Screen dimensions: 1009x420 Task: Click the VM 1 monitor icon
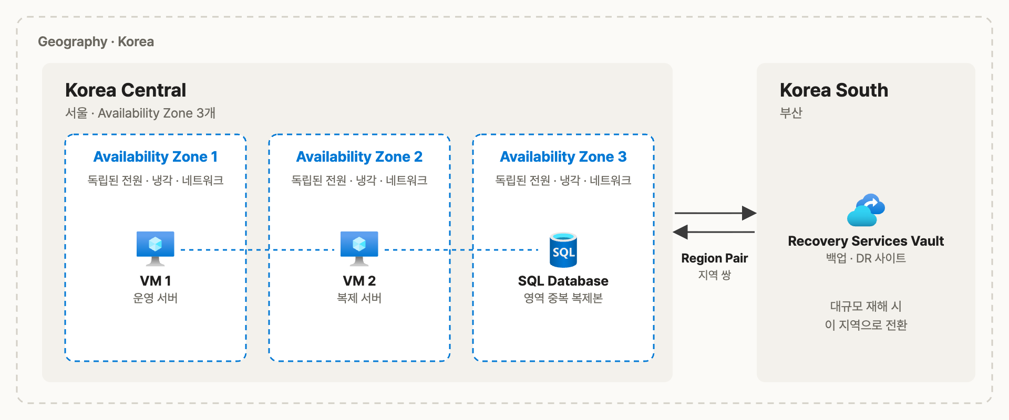coord(155,248)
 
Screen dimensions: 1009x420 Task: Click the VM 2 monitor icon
coord(359,248)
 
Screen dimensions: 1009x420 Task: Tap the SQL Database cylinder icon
coord(563,250)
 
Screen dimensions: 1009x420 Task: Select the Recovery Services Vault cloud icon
coord(866,210)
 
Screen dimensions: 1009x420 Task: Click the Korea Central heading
coord(126,90)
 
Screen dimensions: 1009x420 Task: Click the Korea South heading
coord(834,90)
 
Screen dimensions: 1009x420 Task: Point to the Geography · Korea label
coord(96,41)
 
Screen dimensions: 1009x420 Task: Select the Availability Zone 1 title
coord(156,156)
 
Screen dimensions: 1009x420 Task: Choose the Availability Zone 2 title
coord(359,156)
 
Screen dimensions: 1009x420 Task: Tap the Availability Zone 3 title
coord(563,156)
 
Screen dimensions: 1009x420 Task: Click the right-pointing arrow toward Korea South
coord(715,213)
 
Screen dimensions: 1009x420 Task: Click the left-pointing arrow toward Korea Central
coord(714,232)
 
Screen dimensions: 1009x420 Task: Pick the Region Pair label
coord(715,258)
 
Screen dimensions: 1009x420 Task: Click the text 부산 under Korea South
coord(791,113)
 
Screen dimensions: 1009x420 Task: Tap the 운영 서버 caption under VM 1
coord(156,298)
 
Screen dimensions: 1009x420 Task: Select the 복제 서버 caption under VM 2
coord(359,298)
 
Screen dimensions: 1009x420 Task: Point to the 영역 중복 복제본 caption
coord(563,298)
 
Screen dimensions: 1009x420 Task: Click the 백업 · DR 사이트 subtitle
coord(866,258)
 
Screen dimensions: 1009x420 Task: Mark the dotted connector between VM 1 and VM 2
coord(258,250)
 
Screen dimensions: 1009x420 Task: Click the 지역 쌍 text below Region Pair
coord(715,275)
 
